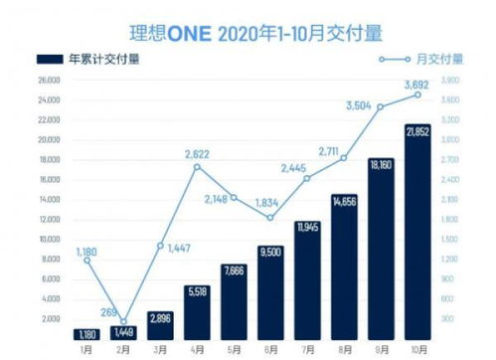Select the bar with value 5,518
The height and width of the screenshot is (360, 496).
pyautogui.click(x=197, y=310)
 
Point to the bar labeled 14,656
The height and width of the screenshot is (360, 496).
pyautogui.click(x=344, y=267)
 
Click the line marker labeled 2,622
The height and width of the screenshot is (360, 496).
pyautogui.click(x=197, y=166)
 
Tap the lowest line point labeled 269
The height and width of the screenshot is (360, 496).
pyautogui.click(x=123, y=322)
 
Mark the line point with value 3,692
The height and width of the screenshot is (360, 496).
pyautogui.click(x=417, y=94)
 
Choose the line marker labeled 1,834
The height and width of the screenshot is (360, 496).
pyautogui.click(x=270, y=218)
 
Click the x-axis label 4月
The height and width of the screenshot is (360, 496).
pyautogui.click(x=197, y=348)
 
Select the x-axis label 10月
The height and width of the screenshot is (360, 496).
pyautogui.click(x=417, y=348)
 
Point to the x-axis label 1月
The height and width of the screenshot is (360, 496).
pyautogui.click(x=86, y=348)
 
